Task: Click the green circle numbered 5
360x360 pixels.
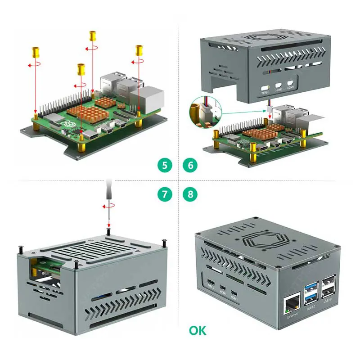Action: coord(165,165)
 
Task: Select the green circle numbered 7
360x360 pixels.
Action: coord(165,194)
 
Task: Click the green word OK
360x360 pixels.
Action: coord(198,331)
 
